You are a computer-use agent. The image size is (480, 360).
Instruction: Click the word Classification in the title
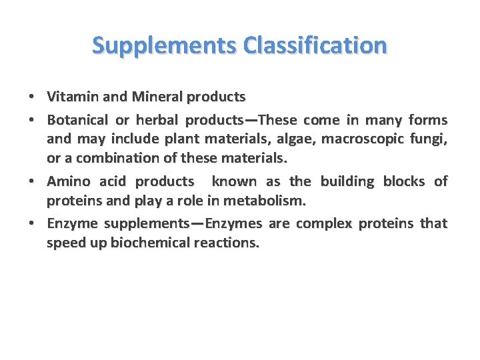(315, 45)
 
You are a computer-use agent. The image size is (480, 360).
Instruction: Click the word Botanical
(77, 121)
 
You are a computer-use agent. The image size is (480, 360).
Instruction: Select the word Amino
(69, 182)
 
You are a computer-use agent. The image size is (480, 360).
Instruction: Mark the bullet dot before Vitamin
(32, 97)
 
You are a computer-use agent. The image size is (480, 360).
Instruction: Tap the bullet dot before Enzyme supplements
(32, 223)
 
